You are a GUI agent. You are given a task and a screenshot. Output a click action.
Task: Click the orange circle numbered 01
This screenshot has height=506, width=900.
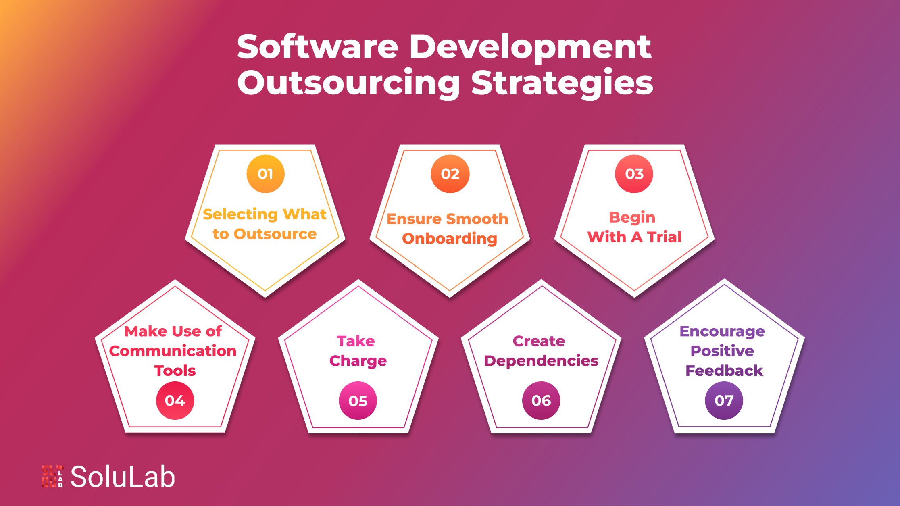[265, 174]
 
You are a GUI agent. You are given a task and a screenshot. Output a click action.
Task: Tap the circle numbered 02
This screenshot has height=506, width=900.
[450, 174]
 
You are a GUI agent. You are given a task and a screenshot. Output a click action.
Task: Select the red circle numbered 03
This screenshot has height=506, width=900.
[634, 174]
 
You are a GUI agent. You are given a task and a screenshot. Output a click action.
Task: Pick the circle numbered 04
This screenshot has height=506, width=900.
[175, 400]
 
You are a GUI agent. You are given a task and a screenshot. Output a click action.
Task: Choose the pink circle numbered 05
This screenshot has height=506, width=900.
[358, 401]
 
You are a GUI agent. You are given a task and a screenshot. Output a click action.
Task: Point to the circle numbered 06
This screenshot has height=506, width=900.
[541, 400]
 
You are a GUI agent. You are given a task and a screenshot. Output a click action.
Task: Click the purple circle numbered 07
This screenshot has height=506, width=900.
[724, 400]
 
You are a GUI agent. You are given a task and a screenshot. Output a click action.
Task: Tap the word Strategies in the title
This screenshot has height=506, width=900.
[562, 83]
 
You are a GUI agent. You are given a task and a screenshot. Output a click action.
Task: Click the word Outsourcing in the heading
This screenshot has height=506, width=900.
[348, 83]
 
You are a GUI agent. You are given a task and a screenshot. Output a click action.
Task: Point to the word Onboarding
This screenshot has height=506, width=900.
[450, 239]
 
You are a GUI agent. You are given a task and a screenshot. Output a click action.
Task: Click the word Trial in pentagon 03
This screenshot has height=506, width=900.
[664, 237]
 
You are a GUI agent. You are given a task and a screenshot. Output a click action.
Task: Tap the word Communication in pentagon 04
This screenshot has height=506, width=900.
[173, 351]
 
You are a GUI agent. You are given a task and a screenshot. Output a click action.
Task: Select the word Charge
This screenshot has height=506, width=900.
[358, 361]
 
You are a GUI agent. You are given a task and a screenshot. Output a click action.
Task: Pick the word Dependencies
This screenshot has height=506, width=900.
[541, 361]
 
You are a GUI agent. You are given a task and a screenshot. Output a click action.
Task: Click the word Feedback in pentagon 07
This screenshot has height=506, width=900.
[724, 371]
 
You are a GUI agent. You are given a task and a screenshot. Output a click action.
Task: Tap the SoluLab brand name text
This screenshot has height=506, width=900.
[123, 477]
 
